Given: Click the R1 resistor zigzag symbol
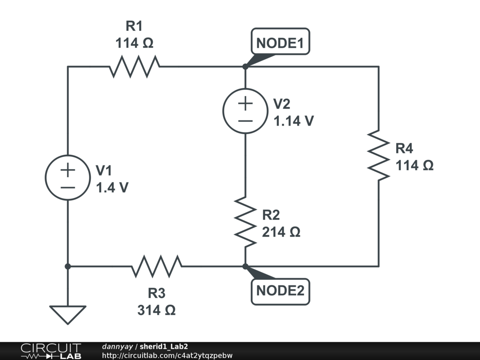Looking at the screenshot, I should tap(135, 67).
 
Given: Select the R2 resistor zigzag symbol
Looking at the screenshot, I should tap(245, 222).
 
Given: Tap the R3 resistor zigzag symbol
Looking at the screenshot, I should tap(157, 266).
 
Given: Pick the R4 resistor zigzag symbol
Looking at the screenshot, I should tap(379, 155).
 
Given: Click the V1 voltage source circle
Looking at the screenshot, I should tap(68, 178).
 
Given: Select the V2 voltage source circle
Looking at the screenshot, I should tap(245, 111).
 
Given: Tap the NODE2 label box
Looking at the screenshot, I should tap(280, 291).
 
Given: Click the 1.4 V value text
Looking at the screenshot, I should tap(112, 188).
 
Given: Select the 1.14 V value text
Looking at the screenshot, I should tap(294, 121).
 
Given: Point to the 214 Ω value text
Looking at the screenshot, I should tap(281, 232).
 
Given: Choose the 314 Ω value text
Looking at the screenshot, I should tap(157, 310).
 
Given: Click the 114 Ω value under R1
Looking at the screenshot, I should tap(135, 44).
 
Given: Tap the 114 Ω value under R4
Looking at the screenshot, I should tap(414, 165).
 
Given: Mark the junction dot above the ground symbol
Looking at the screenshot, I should tap(68, 266).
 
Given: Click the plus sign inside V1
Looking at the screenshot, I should tap(68, 170).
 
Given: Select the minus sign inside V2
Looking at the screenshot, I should tap(245, 120).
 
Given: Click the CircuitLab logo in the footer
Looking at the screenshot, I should tap(51, 351).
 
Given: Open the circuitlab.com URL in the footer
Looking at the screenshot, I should tap(167, 355).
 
